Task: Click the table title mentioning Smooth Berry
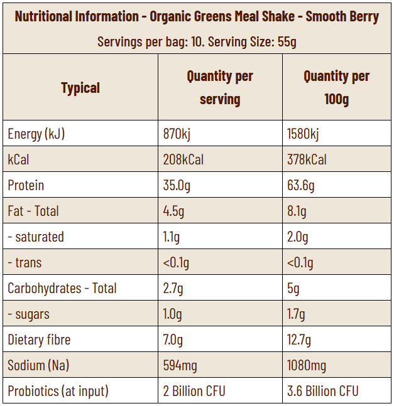point(197,16)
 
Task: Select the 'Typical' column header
point(80,88)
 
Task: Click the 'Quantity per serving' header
point(220,88)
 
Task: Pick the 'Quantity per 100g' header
point(336,88)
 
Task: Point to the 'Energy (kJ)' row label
point(36,134)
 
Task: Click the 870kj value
point(177,134)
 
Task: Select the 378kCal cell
point(307,159)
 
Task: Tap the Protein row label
point(26,185)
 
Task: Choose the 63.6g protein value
point(301,185)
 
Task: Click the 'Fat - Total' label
point(33,211)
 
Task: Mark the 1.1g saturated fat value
point(172,237)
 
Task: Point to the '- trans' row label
point(25,262)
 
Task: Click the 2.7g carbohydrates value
point(173,288)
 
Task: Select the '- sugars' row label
point(29,314)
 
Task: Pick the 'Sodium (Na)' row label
point(39,365)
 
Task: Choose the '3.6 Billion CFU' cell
point(322,391)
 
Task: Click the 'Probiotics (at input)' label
point(58,391)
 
